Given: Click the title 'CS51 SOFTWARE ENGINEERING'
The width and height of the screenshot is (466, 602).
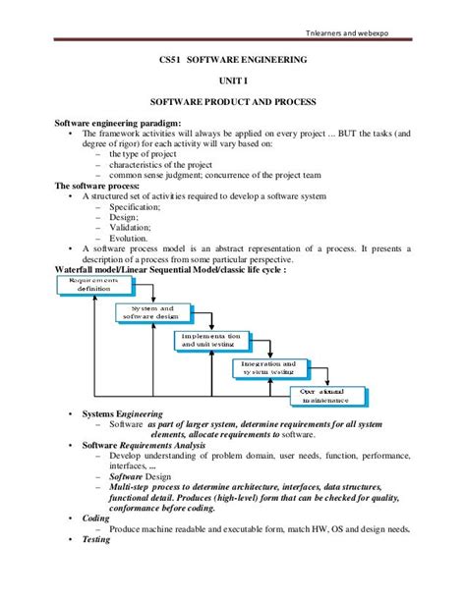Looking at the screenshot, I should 233,60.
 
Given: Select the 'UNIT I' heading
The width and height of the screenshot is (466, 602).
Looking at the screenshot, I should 233,81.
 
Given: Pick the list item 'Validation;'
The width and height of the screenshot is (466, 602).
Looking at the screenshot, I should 132,228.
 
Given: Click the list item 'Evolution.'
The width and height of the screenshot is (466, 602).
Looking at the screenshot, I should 129,239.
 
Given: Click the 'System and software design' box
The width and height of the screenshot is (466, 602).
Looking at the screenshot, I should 152,313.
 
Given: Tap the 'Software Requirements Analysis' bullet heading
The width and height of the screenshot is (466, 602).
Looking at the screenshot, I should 145,445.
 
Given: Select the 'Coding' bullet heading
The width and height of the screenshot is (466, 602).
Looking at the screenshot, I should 96,518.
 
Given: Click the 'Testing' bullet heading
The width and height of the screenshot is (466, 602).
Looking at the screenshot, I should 96,539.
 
